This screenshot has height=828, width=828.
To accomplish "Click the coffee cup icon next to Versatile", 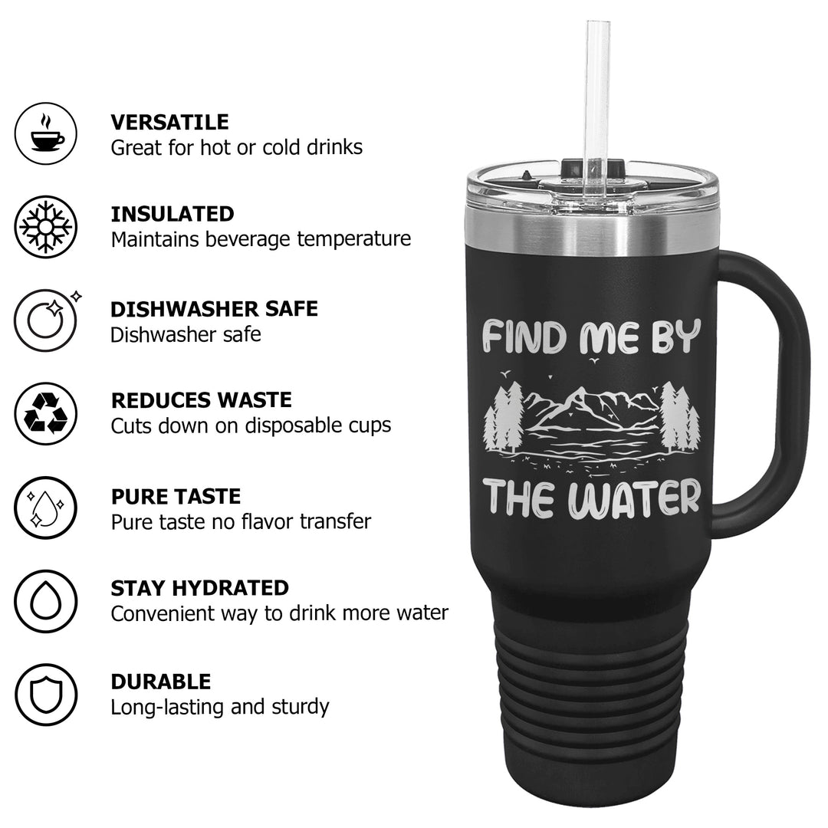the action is [46, 133].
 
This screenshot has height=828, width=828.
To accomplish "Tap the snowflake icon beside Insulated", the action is [46, 227].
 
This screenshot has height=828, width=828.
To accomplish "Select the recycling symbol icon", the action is [46, 413].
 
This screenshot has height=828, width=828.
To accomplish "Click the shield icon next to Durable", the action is [46, 695].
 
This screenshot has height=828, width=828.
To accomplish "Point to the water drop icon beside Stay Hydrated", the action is [46, 601].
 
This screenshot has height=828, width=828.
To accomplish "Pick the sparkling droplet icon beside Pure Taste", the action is [46, 508].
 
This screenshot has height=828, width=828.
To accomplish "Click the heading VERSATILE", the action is [169, 122].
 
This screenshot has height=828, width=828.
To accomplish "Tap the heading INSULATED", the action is [172, 214].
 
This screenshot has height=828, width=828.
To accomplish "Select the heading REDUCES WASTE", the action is [201, 400].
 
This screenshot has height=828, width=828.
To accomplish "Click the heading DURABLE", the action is [161, 682].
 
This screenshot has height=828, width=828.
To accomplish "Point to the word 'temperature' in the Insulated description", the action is [353, 239].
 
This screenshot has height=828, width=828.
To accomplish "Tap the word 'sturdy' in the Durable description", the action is [300, 707].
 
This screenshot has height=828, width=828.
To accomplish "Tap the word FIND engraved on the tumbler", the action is [528, 337].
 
